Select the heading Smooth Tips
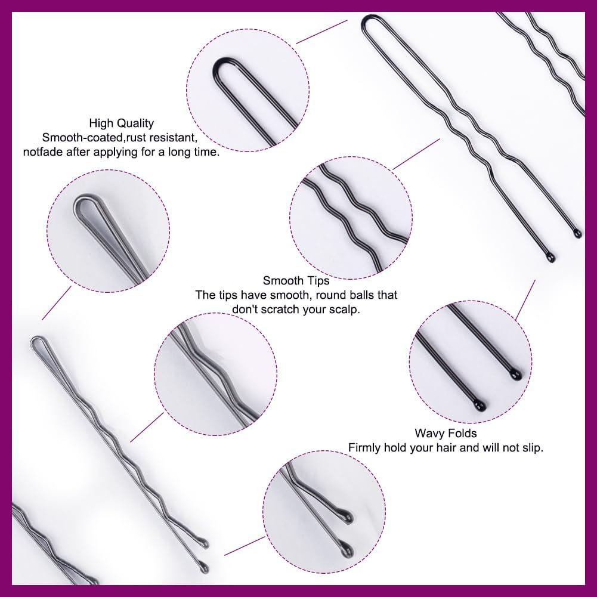pyautogui.click(x=296, y=280)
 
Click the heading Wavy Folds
pyautogui.click(x=446, y=433)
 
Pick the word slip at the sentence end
pyautogui.click(x=529, y=447)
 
